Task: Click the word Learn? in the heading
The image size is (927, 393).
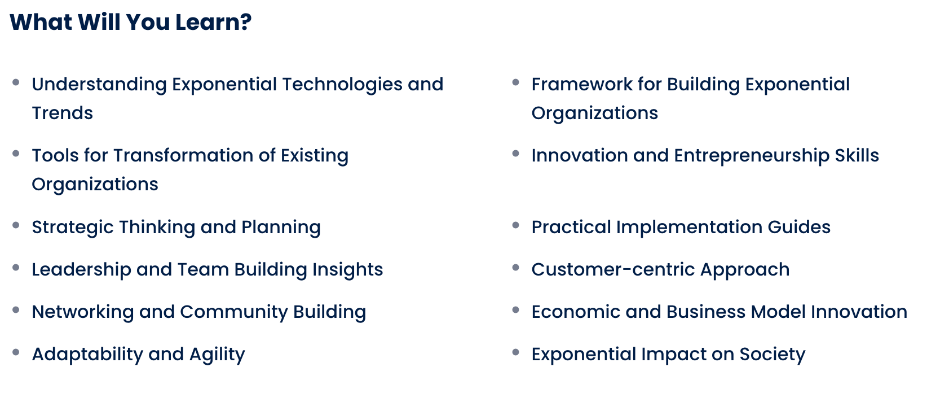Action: coord(213,22)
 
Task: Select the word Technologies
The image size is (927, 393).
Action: coord(342,85)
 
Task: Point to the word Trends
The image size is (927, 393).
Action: coord(63,113)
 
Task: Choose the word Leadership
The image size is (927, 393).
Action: coord(82,270)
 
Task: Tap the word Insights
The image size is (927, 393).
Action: coord(347,270)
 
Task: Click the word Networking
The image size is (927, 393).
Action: coord(83,312)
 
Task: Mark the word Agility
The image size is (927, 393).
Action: coord(217,355)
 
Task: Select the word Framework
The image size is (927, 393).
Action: coord(582,84)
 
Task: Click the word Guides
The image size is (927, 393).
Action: coord(799,227)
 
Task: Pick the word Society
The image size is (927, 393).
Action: coord(772,355)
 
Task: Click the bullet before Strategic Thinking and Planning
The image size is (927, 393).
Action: coord(16,225)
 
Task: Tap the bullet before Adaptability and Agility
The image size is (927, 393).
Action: coord(16,352)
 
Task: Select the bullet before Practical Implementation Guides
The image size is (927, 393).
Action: coord(515,225)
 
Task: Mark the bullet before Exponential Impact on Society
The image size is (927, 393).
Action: coord(515,352)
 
